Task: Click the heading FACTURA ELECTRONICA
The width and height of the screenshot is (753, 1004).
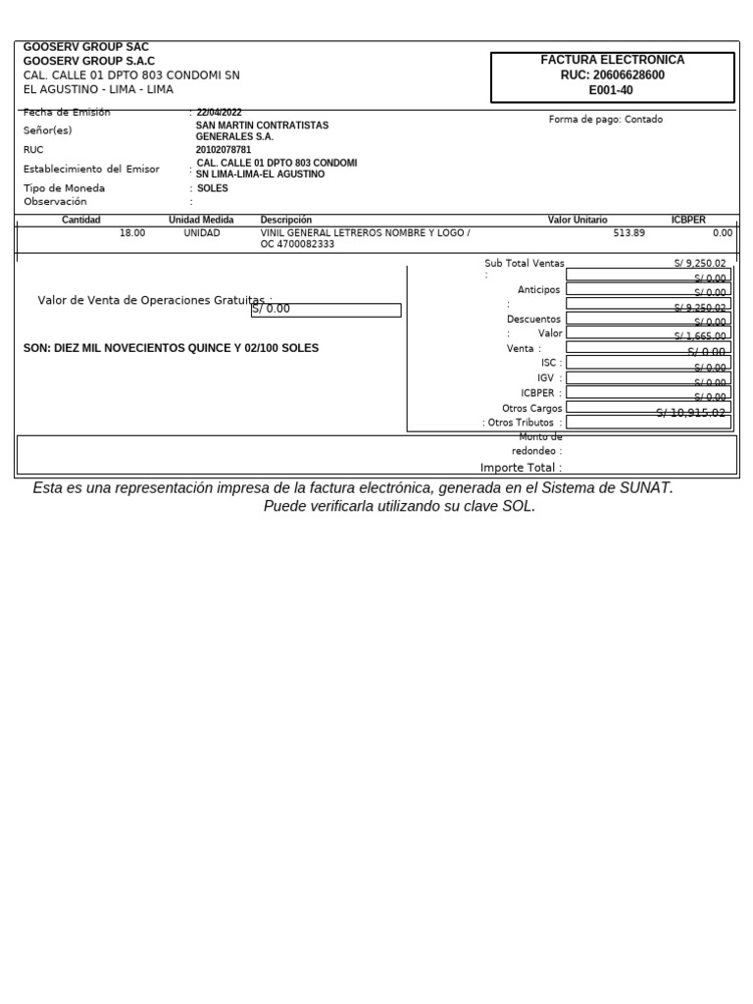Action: click(612, 60)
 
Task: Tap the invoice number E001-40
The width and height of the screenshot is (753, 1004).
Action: click(612, 90)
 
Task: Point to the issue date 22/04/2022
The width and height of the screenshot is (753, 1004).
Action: click(221, 113)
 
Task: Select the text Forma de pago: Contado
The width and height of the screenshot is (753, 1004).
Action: click(605, 120)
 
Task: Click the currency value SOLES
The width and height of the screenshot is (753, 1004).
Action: click(212, 188)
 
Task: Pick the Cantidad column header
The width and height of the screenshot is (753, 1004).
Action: click(81, 221)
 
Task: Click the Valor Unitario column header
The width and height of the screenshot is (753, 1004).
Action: click(577, 221)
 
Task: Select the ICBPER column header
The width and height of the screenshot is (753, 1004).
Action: click(687, 221)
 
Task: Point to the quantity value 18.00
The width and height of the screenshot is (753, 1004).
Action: click(131, 233)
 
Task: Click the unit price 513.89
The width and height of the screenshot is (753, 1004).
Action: click(628, 233)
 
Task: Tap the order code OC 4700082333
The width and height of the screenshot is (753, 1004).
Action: click(297, 245)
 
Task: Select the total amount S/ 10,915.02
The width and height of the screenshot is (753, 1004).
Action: click(690, 413)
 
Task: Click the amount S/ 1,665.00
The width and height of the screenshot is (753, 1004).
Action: click(700, 336)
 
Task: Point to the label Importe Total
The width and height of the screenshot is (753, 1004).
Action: click(521, 468)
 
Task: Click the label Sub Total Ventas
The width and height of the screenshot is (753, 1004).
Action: click(524, 264)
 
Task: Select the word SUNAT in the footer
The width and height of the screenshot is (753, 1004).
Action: click(642, 488)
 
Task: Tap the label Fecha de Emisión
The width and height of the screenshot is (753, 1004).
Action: click(67, 113)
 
